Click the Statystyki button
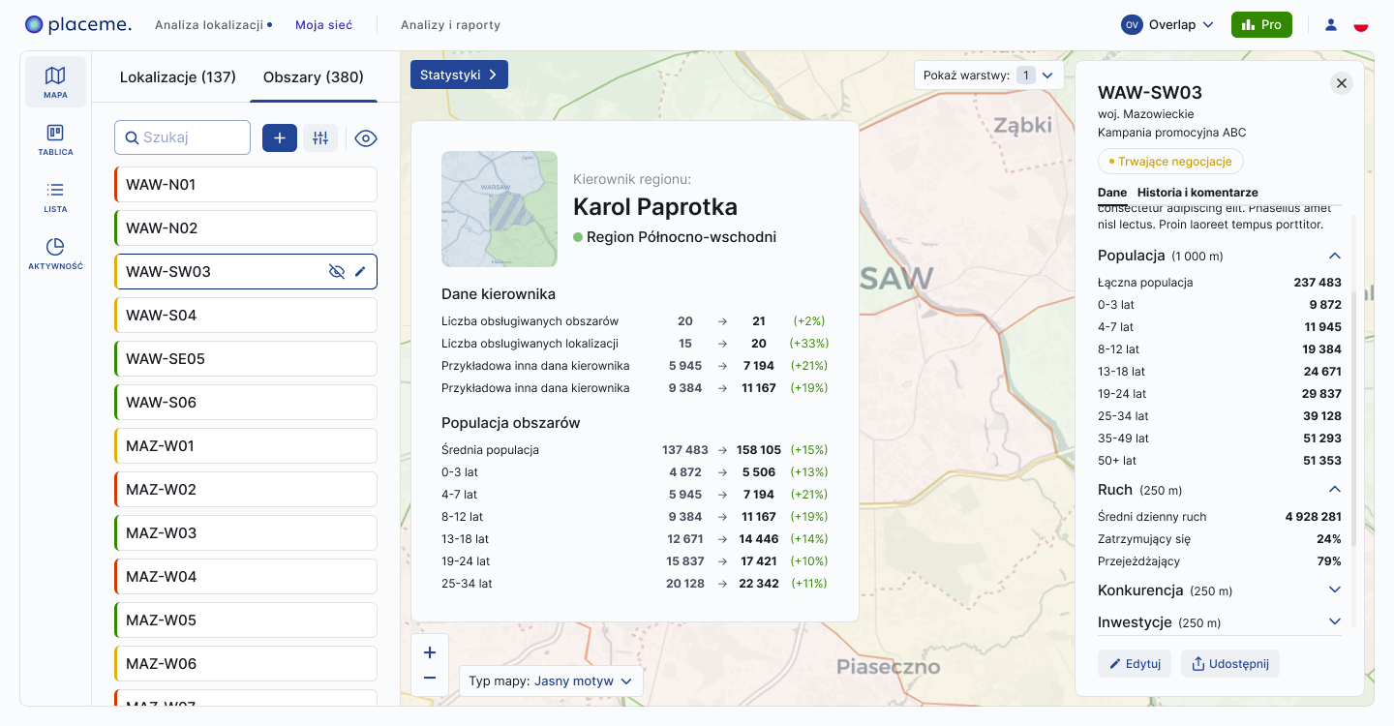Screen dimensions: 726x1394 click(459, 75)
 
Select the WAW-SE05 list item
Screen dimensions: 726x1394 click(246, 359)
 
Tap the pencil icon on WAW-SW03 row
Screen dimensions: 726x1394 click(360, 272)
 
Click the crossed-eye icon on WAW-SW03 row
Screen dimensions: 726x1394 click(337, 272)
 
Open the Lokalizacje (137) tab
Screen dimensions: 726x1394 click(178, 77)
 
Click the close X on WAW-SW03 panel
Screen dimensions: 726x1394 click(1342, 83)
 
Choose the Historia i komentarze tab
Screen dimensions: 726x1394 click(1197, 193)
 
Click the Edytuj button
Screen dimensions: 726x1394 click(1135, 663)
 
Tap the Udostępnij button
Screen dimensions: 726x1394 click(1230, 663)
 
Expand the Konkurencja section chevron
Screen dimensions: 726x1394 click(1335, 590)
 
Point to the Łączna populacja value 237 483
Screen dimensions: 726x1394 click(1318, 283)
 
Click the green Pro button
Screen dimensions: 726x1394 click(1261, 25)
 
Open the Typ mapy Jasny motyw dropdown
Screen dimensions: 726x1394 click(551, 681)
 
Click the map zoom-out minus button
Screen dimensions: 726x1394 click(430, 679)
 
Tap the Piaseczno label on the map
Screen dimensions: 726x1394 click(888, 667)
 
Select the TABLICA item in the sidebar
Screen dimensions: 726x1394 click(55, 139)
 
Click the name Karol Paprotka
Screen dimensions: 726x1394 click(655, 206)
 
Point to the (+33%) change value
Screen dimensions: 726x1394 click(809, 344)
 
